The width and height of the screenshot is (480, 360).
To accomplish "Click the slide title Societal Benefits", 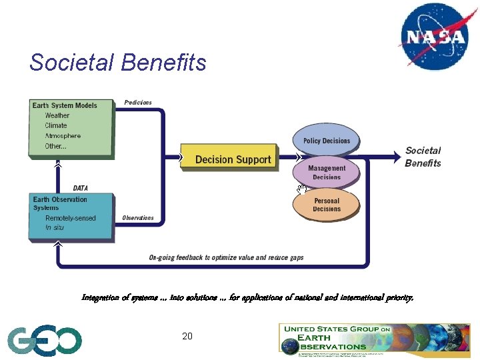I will tap(118, 63).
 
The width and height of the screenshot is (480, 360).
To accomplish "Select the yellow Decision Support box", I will tap(229, 159).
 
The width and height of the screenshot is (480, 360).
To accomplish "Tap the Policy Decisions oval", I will tap(326, 141).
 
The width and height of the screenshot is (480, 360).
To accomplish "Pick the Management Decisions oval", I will tap(326, 173).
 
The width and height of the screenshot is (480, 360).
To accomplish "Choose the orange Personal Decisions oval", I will tap(326, 205).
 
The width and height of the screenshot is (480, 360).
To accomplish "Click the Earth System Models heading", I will tap(65, 105).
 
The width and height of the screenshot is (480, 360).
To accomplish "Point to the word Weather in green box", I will tap(57, 115).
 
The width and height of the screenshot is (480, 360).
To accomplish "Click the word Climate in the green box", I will tap(56, 125).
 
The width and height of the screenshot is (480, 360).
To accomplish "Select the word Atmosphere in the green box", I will tap(63, 136).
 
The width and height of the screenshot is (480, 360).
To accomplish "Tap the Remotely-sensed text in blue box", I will tap(70, 218).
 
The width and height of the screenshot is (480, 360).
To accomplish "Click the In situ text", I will tap(57, 228).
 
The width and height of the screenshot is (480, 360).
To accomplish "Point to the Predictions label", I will tap(138, 103).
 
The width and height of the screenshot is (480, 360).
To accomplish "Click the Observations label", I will tap(138, 218).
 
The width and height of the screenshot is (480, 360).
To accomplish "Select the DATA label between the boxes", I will tap(80, 189).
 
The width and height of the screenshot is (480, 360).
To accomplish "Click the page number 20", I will tap(187, 336).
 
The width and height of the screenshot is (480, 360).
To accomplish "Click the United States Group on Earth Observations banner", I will tap(373, 338).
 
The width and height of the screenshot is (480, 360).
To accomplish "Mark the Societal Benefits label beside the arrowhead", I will tap(423, 157).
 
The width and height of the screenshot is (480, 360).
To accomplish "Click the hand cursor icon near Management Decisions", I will tap(301, 191).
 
